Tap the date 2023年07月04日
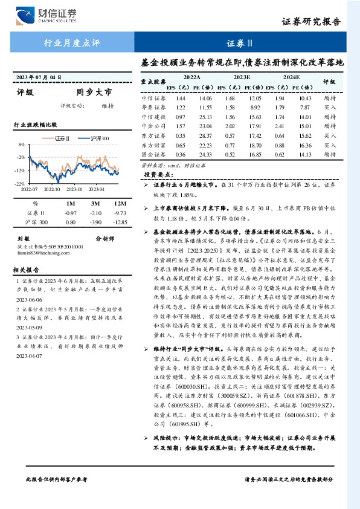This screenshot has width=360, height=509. pos(39,77)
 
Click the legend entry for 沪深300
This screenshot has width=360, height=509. pos(97,138)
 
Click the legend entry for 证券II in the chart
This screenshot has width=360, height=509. pos(60,138)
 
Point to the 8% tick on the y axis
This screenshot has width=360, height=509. pos(21,145)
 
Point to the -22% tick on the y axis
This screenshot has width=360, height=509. pos(20,183)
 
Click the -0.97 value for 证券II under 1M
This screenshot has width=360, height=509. pos(70,213)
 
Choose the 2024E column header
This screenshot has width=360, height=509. pos(291,78)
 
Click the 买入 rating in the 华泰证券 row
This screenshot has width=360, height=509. pos(330,108)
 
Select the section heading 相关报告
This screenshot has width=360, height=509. pos(27,270)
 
